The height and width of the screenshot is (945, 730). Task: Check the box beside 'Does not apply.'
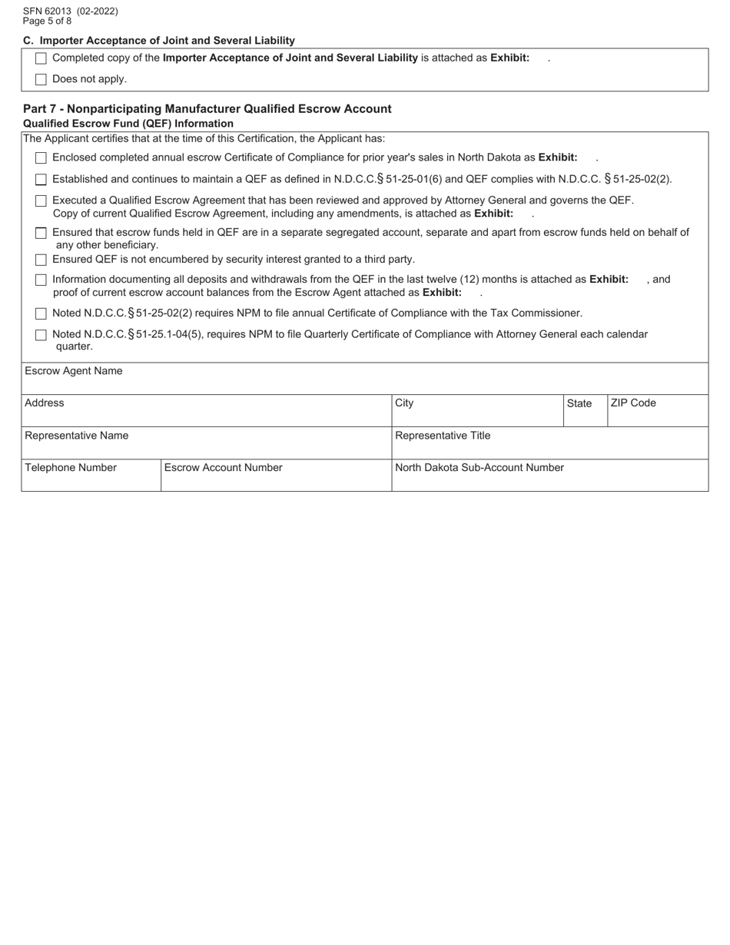(41, 79)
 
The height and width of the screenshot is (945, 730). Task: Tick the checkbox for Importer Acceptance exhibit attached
(41, 58)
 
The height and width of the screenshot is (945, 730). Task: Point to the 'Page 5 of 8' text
(48, 22)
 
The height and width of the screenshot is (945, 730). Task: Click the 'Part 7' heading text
(207, 109)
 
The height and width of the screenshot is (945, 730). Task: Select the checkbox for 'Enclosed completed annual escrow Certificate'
(41, 158)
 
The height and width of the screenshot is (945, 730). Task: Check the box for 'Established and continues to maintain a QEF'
(41, 180)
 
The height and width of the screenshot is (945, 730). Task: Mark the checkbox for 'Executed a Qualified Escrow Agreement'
(41, 201)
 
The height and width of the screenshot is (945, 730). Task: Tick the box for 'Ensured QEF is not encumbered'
(41, 260)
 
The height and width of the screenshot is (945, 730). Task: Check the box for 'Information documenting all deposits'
(41, 280)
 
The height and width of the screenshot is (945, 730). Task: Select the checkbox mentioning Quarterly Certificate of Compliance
(41, 335)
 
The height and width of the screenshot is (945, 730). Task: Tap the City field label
(404, 403)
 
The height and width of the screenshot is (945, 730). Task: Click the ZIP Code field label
(633, 403)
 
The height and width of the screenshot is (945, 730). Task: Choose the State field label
(579, 403)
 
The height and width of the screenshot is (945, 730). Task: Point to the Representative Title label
(443, 436)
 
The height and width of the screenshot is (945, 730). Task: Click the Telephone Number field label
(71, 468)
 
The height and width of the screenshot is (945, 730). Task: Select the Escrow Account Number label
(224, 468)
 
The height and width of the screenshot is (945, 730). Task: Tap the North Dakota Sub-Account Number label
(479, 468)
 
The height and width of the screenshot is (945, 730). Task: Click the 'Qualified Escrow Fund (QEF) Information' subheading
(128, 124)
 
